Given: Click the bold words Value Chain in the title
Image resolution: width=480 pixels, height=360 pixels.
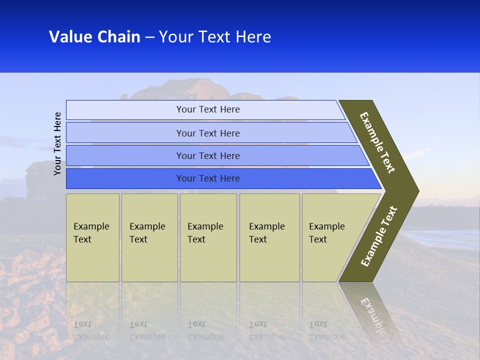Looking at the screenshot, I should coord(94,37).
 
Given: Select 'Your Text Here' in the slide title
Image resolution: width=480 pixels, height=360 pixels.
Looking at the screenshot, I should coord(215,37).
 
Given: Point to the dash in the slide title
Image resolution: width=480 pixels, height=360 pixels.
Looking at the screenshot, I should coord(149,37).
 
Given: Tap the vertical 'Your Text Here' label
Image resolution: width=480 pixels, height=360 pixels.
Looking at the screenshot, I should coord(58,143).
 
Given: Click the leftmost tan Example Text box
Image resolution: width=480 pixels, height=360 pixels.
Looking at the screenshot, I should coord(92,237).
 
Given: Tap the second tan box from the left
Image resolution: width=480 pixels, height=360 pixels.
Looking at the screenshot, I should coord(149,237).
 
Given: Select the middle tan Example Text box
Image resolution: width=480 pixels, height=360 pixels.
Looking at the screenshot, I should coord(208,237).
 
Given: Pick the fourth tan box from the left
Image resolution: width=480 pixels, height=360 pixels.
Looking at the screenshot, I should coord(269,237).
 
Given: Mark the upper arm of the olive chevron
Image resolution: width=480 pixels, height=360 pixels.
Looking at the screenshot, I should coord(378,142).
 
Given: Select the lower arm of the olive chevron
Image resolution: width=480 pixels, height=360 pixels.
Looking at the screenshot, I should coord(379,236).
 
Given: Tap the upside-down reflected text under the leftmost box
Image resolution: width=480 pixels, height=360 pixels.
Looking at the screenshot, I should coord(91,330).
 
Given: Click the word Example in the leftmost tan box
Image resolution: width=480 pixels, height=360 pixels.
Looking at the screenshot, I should coord(91,226).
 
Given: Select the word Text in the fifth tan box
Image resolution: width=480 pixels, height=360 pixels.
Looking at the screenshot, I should coord(318,239).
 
